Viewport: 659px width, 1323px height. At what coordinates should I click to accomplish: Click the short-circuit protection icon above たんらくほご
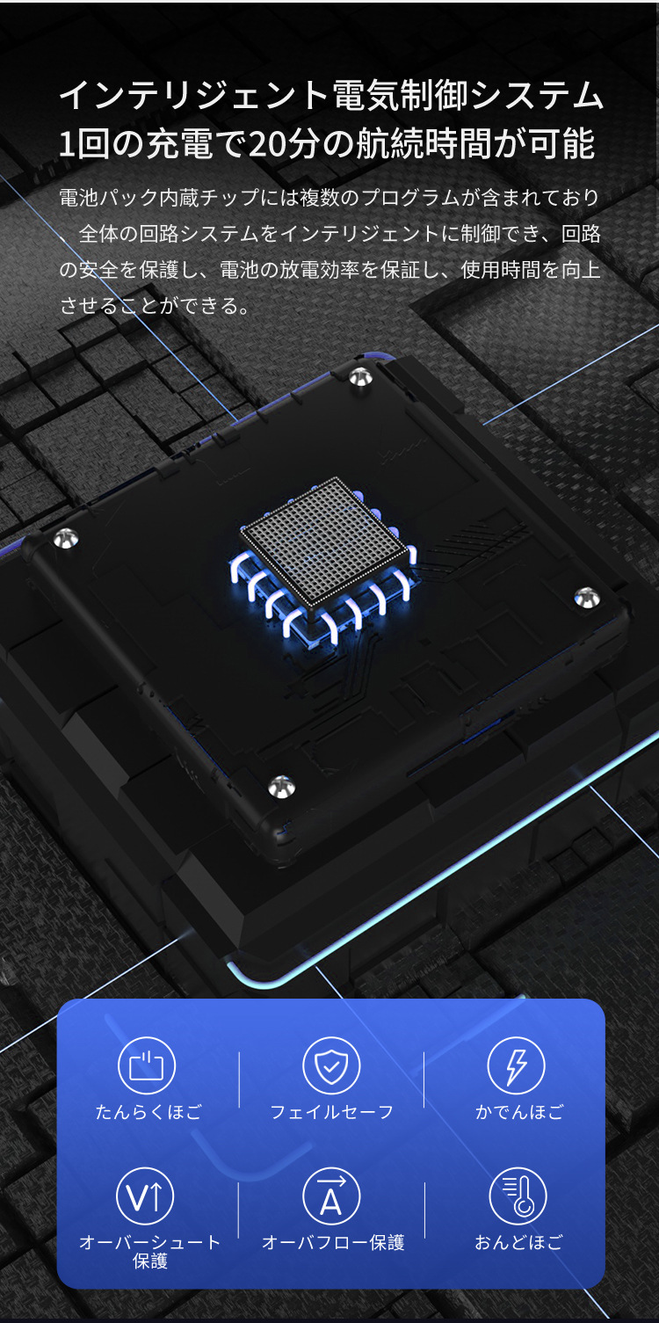pyautogui.click(x=147, y=1065)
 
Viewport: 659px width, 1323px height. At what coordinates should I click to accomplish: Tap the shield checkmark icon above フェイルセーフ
pyautogui.click(x=331, y=1065)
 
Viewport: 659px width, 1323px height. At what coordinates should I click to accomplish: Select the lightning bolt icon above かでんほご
pyautogui.click(x=516, y=1065)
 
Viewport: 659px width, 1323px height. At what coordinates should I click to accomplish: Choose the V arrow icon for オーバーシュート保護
pyautogui.click(x=145, y=1196)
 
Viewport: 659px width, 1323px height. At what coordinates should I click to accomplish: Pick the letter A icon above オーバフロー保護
pyautogui.click(x=331, y=1196)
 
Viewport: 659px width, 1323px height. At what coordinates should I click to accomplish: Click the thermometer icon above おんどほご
pyautogui.click(x=518, y=1196)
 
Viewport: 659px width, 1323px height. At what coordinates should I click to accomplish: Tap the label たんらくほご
pyautogui.click(x=148, y=1112)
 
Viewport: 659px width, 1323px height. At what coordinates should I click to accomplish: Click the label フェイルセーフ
pyautogui.click(x=331, y=1112)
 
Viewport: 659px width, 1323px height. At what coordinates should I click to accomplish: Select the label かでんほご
pyautogui.click(x=519, y=1112)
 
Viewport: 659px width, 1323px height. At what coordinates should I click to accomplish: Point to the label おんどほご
pyautogui.click(x=519, y=1242)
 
